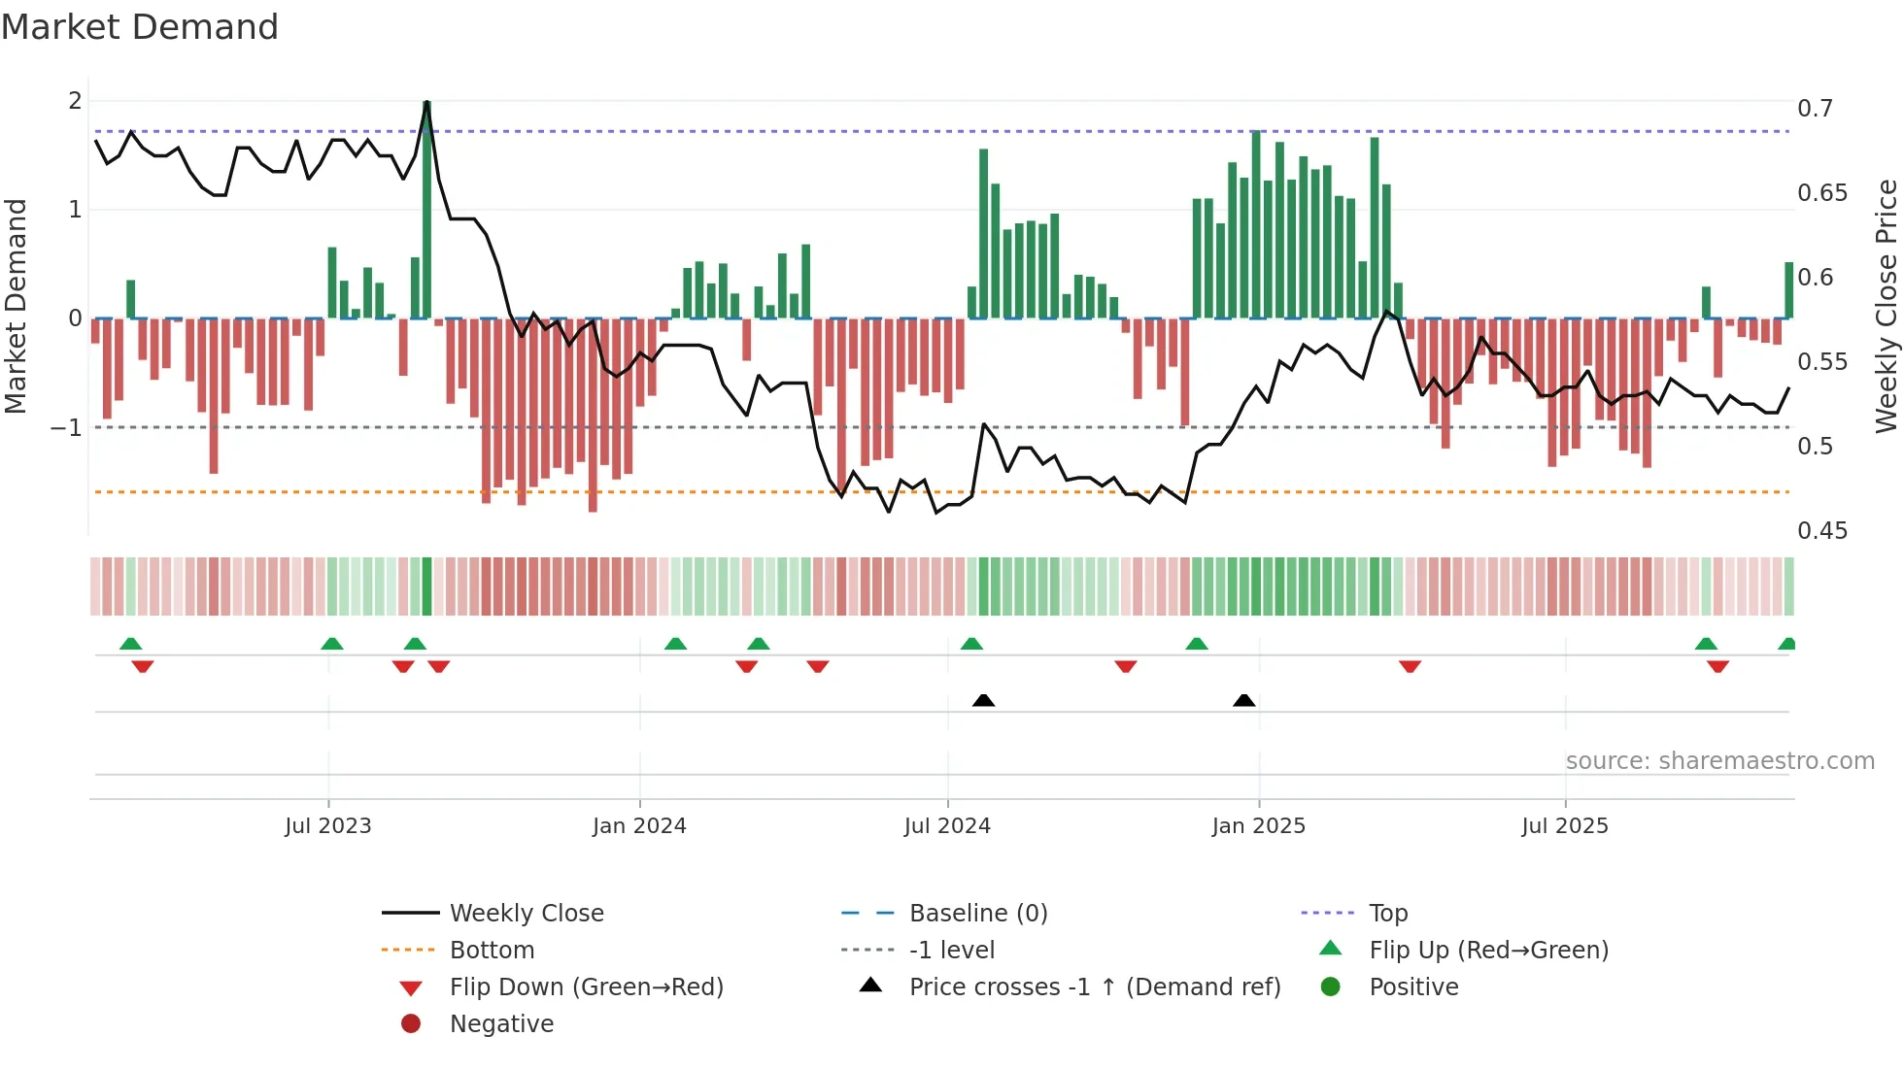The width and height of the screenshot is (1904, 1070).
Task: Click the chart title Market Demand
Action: coord(140,27)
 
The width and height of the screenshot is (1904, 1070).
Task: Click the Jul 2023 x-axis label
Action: coord(327,826)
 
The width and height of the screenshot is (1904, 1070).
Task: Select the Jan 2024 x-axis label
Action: coord(639,826)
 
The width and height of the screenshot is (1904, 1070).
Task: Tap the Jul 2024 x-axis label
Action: coord(947,826)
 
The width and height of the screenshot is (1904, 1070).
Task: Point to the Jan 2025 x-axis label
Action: coord(1259,826)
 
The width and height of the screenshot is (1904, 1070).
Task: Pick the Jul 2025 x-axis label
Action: coord(1565,826)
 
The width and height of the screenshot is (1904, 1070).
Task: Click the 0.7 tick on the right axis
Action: coord(1815,109)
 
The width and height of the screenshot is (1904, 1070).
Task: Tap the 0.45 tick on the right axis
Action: coord(1821,531)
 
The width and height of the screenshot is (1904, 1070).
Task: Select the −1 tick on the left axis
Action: coord(67,428)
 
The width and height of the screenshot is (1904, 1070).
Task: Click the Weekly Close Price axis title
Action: coord(1886,306)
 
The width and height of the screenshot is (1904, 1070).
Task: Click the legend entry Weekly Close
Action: coord(526,914)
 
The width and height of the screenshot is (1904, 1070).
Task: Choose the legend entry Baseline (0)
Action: coord(977,914)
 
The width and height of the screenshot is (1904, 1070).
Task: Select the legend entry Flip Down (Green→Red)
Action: coord(586,987)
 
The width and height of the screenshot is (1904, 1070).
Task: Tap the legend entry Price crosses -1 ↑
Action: coord(1094,987)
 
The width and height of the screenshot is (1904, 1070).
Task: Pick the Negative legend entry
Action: coord(501,1024)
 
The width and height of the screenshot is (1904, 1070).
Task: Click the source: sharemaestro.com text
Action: coord(1719,761)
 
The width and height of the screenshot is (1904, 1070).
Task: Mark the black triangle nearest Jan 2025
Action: coord(1243,701)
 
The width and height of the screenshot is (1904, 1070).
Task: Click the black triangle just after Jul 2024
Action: coord(983,701)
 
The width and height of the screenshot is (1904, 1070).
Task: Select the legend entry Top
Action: coord(1387,914)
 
